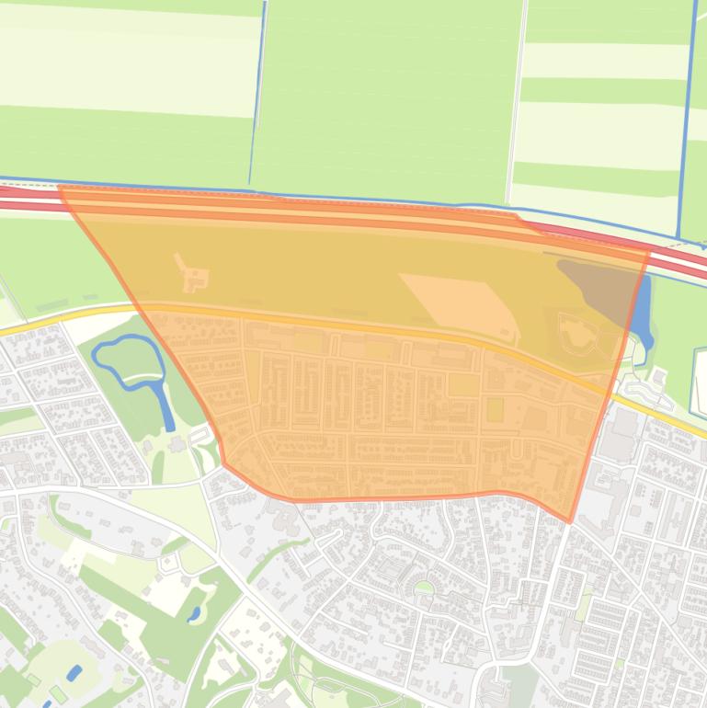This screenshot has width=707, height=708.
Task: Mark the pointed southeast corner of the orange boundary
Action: (x=570, y=521)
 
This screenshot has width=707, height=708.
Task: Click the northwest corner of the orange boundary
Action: (x=59, y=187)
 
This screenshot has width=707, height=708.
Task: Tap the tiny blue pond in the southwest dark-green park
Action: (x=195, y=613)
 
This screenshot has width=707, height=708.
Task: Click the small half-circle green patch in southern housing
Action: (x=423, y=587)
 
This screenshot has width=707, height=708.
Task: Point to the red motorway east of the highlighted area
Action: (x=680, y=262)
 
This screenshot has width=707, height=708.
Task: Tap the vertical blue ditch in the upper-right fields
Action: (x=685, y=120)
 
